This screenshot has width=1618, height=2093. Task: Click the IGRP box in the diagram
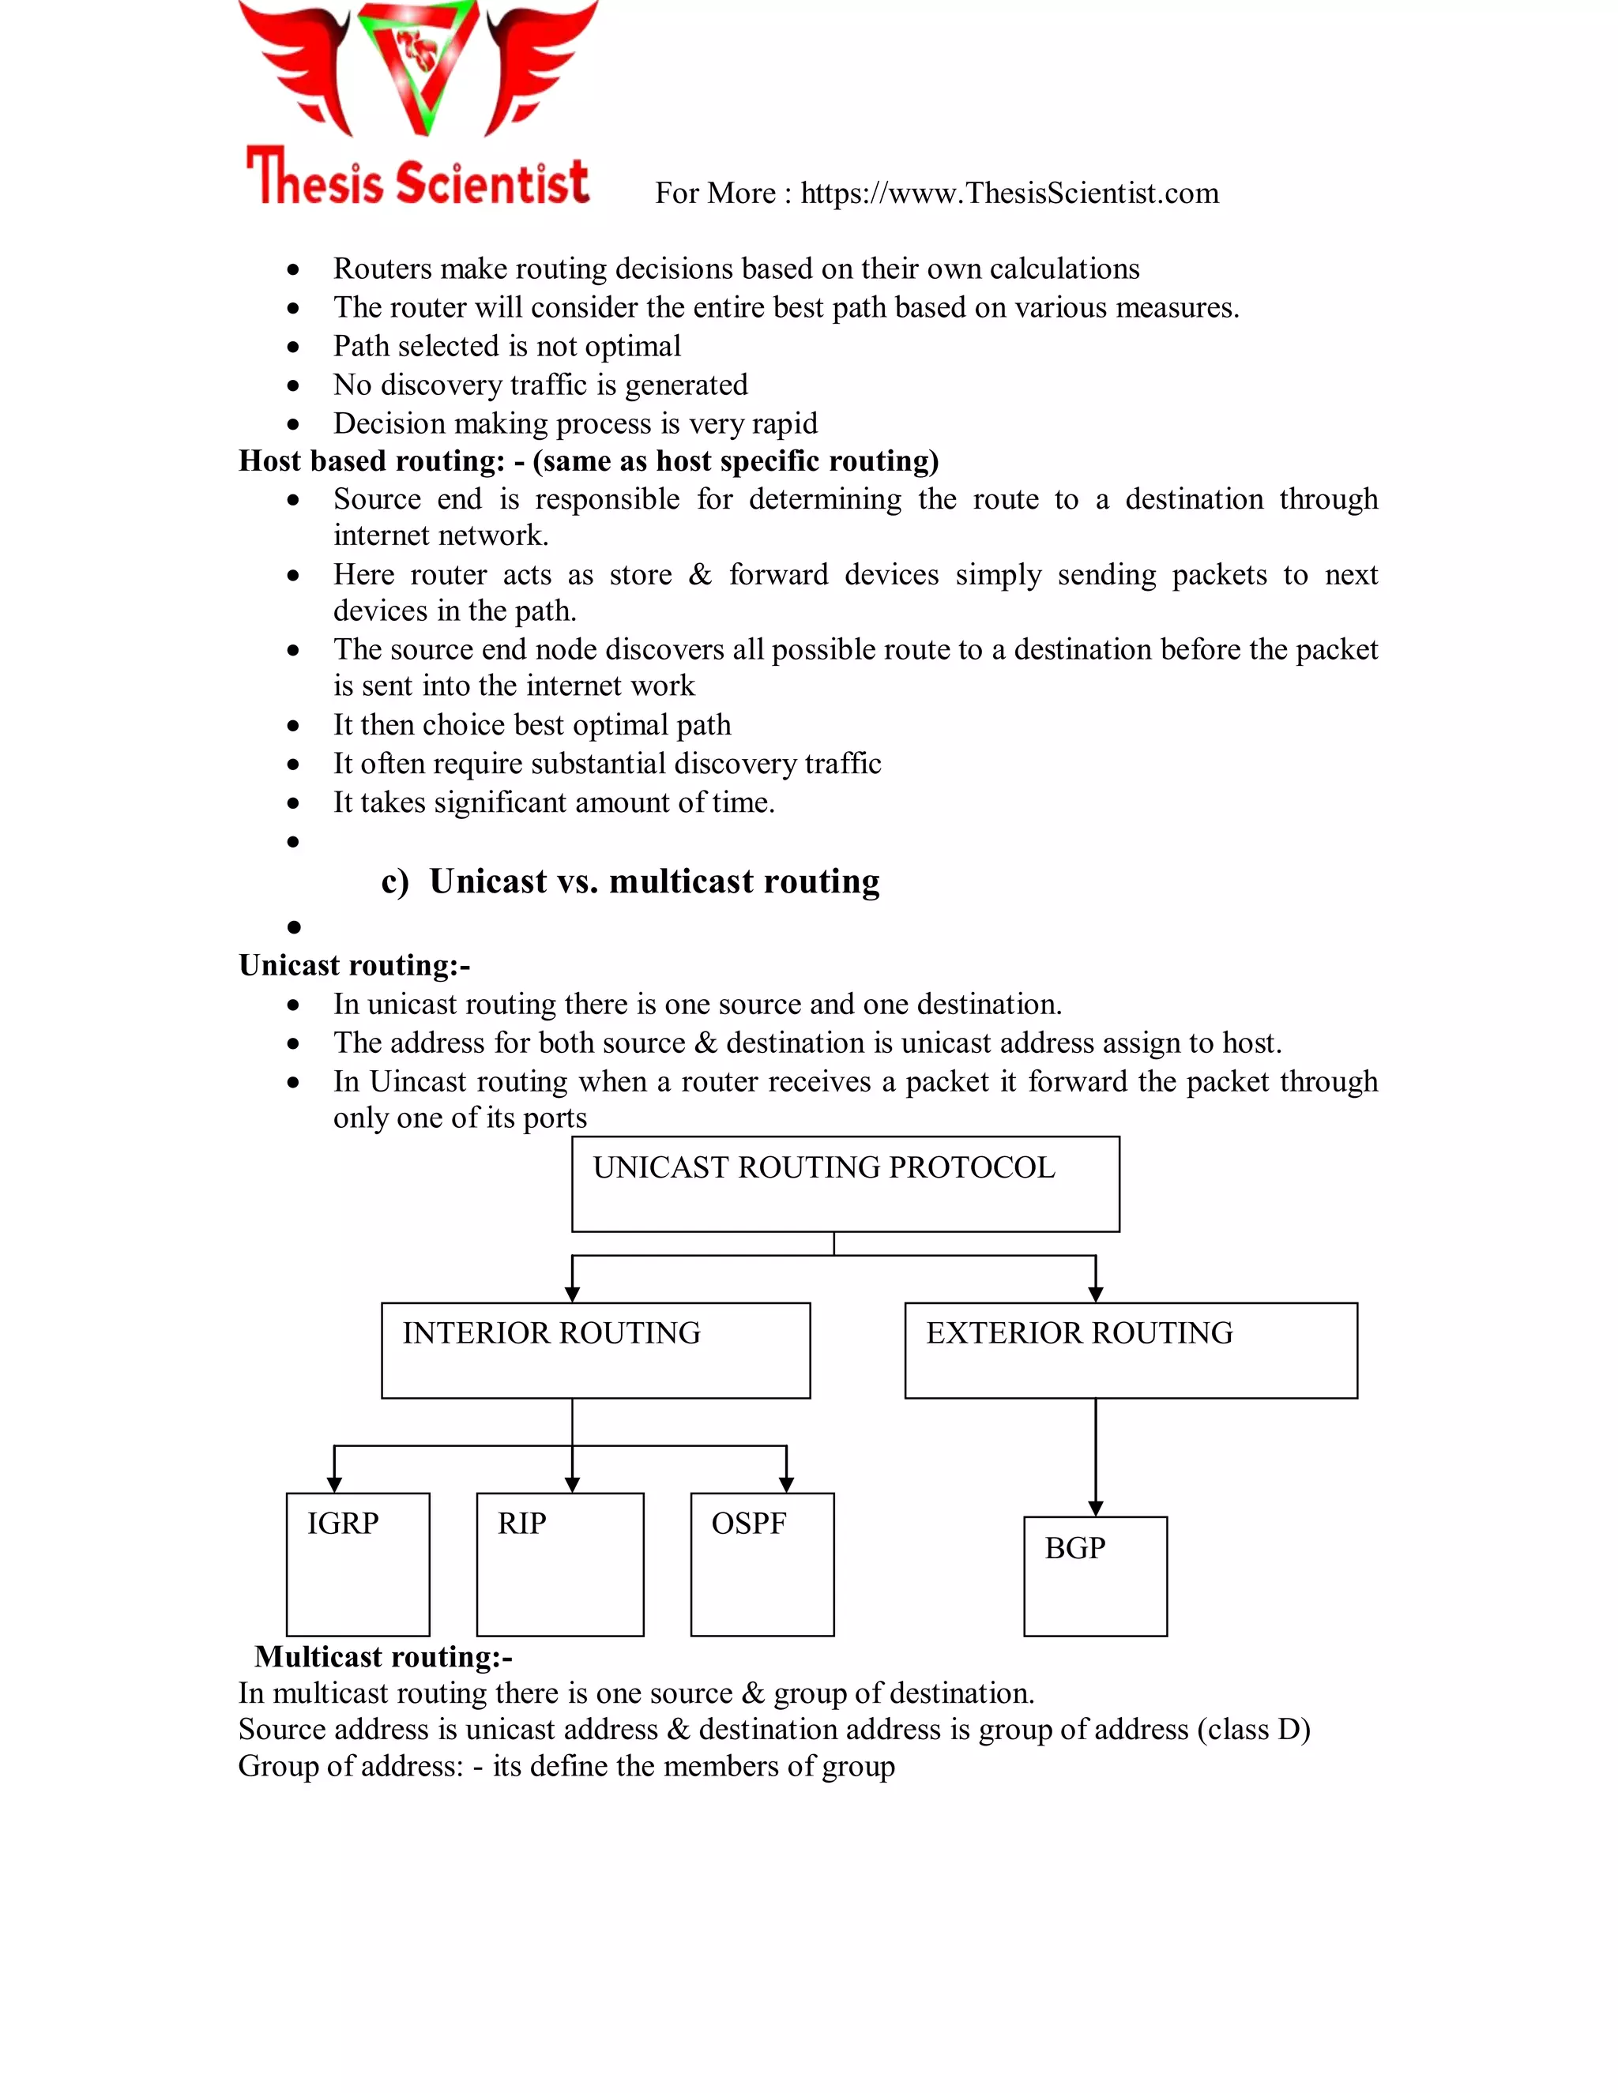pyautogui.click(x=358, y=1564)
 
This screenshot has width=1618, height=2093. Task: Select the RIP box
pyautogui.click(x=560, y=1564)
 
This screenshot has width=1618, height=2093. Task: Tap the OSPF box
pyautogui.click(x=762, y=1564)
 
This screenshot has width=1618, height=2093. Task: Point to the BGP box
pyautogui.click(x=1095, y=1576)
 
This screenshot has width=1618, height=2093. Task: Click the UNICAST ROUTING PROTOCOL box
pyautogui.click(x=845, y=1184)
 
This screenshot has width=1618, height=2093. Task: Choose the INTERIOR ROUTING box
pyautogui.click(x=595, y=1351)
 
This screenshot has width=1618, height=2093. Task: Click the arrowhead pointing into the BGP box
pyautogui.click(x=1096, y=1509)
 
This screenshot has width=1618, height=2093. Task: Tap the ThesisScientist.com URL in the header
pyautogui.click(x=1010, y=194)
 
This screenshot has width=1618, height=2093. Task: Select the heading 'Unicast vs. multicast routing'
pyautogui.click(x=653, y=881)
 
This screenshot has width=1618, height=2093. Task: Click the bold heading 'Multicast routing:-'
pyautogui.click(x=383, y=1656)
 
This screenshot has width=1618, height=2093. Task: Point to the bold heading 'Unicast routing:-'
pyautogui.click(x=354, y=965)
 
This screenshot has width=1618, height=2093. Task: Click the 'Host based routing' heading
pyautogui.click(x=371, y=461)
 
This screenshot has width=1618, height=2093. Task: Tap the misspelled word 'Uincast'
pyautogui.click(x=418, y=1082)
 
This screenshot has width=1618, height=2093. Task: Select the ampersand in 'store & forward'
pyautogui.click(x=700, y=575)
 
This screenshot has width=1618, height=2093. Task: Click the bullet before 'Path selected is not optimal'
pyautogui.click(x=293, y=347)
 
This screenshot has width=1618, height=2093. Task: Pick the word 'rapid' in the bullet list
pyautogui.click(x=785, y=423)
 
